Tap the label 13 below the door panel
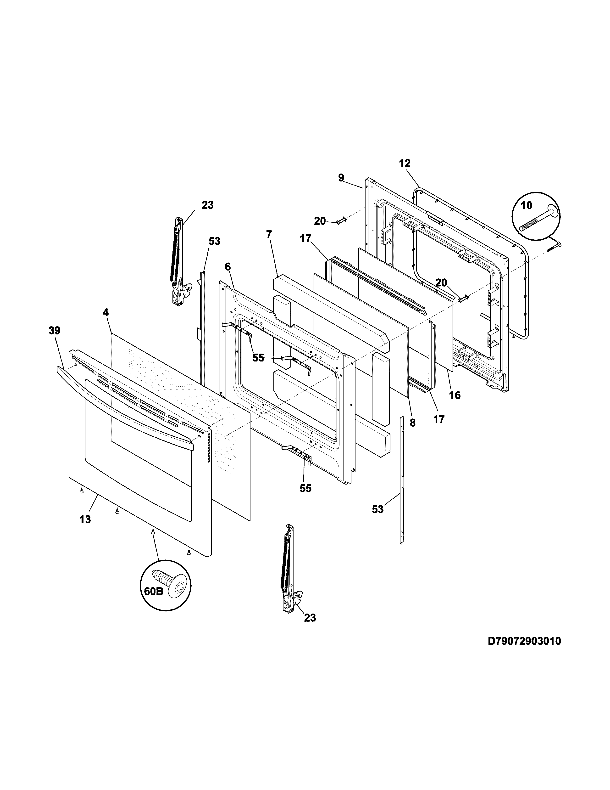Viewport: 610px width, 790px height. coord(85,519)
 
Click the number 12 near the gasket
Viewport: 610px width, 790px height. coord(405,164)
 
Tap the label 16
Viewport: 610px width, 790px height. coord(455,395)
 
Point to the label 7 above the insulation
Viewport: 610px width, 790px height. coord(269,235)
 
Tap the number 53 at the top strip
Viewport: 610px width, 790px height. coord(214,241)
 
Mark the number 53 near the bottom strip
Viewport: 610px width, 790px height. coord(378,509)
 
